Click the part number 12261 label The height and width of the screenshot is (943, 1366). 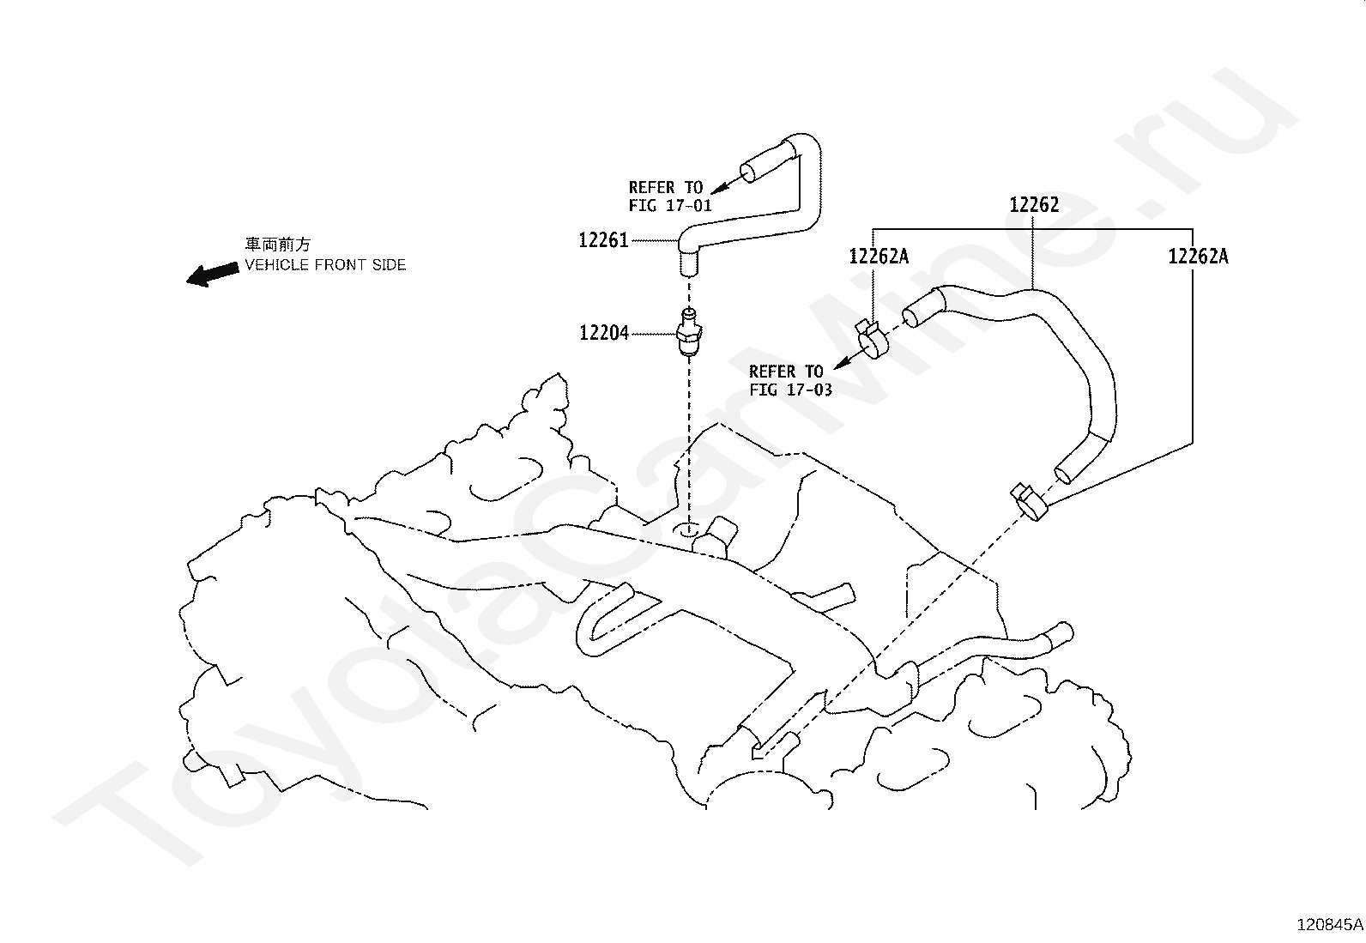[603, 240]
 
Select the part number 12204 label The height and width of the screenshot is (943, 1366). [604, 333]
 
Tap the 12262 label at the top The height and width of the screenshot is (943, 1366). [1034, 205]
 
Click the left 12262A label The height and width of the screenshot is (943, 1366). [879, 257]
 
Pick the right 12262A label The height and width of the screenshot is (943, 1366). [1199, 257]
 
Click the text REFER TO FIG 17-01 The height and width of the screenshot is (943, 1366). [669, 196]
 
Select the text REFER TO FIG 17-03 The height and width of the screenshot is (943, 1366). [790, 381]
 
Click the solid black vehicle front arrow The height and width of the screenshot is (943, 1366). [212, 274]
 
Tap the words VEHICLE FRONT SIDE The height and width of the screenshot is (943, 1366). [326, 265]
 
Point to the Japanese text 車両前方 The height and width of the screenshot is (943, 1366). [278, 245]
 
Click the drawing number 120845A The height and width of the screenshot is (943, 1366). [1330, 925]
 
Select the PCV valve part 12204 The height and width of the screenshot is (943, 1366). [690, 332]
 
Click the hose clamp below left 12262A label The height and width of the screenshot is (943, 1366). [872, 340]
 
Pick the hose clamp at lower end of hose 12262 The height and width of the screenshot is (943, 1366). [1030, 503]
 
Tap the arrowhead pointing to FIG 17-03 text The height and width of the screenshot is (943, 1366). [842, 364]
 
